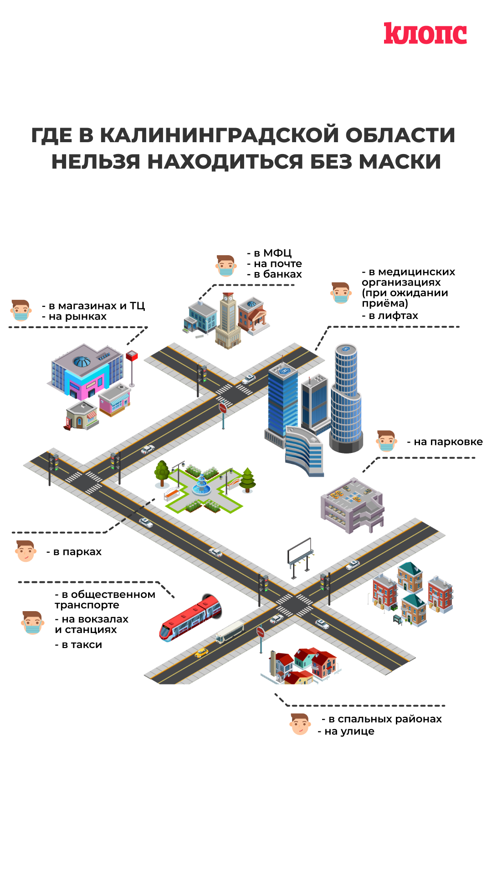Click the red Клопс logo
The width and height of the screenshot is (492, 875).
[425, 34]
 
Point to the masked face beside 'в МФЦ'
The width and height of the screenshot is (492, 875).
[225, 266]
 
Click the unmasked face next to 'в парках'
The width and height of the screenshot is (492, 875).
[26, 551]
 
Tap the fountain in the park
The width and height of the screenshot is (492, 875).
[201, 485]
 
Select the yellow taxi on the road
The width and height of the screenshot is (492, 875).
[201, 653]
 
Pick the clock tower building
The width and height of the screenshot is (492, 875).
[228, 321]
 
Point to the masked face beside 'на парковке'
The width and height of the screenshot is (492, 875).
[386, 441]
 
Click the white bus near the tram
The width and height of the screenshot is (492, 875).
[230, 632]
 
